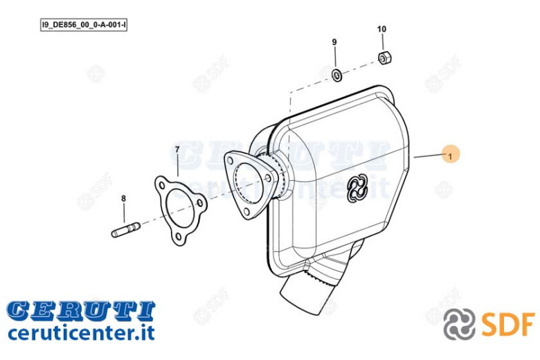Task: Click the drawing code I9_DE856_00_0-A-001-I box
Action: (x=84, y=25)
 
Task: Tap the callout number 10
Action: (x=381, y=29)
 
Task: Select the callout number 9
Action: (x=334, y=42)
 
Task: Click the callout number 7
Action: (x=177, y=150)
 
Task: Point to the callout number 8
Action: (x=124, y=199)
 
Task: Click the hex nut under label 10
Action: (x=384, y=58)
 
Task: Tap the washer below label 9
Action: (x=336, y=74)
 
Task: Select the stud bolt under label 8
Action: (x=126, y=230)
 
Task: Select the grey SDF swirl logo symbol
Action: (x=459, y=324)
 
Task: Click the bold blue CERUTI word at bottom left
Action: (x=81, y=310)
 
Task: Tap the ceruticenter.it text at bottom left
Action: (x=81, y=332)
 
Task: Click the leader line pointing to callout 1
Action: (x=429, y=156)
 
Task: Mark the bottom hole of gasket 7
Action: (x=179, y=237)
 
